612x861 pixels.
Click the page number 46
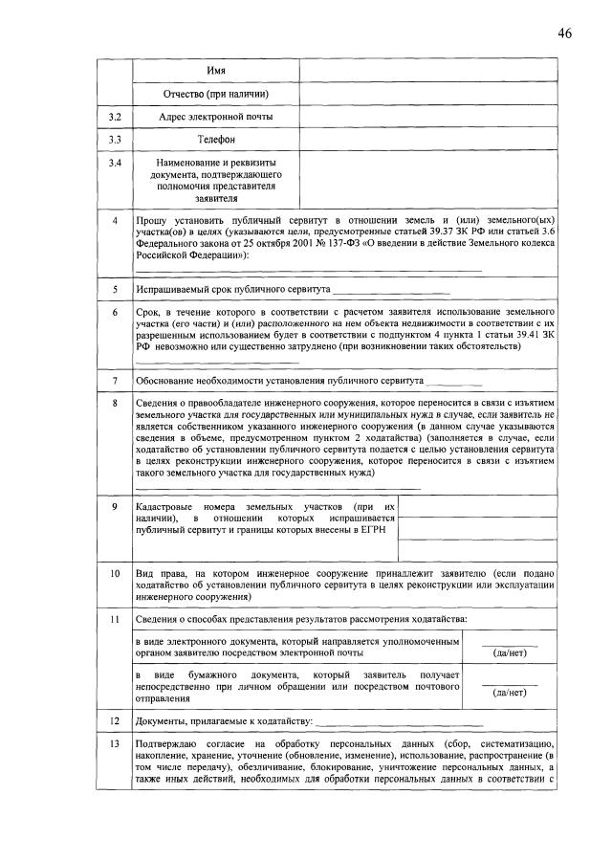[564, 33]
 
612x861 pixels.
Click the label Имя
[217, 72]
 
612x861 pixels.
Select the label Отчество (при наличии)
[216, 94]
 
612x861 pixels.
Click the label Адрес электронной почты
[216, 117]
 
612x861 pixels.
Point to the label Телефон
[216, 140]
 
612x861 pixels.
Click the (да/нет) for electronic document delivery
[508, 653]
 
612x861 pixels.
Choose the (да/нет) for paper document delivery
[508, 692]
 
